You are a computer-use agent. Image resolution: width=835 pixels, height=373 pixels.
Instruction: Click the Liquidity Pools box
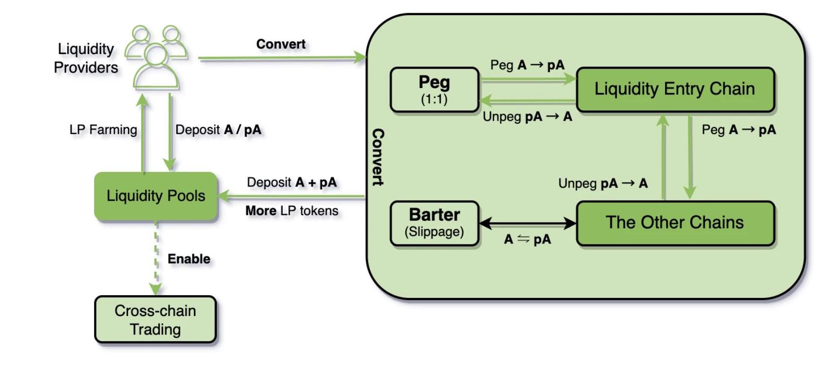[155, 196]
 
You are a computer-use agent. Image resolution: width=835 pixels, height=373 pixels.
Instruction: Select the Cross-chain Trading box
[155, 319]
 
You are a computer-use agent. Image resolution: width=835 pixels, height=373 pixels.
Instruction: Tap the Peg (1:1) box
[434, 90]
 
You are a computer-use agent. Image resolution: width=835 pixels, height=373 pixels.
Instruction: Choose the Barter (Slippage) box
[434, 223]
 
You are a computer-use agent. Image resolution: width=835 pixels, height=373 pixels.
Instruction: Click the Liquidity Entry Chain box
[675, 89]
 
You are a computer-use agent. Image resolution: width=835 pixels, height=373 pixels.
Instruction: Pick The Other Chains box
[675, 223]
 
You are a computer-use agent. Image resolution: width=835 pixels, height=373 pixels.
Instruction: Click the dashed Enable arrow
[156, 258]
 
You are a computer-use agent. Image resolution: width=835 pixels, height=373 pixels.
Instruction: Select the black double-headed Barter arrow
[528, 223]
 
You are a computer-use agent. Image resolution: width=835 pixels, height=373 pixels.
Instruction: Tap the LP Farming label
[103, 130]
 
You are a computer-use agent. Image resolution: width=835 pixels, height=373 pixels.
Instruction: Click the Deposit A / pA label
[218, 130]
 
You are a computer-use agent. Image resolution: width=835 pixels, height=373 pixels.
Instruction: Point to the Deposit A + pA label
[291, 182]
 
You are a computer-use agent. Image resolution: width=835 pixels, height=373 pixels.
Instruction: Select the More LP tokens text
[291, 210]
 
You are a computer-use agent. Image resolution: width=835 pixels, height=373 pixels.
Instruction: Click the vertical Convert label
[378, 157]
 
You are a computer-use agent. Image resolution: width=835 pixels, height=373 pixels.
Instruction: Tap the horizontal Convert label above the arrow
[281, 44]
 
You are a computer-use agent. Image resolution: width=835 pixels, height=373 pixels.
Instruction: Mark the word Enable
[189, 259]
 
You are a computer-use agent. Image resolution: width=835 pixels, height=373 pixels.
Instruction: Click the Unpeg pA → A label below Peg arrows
[527, 117]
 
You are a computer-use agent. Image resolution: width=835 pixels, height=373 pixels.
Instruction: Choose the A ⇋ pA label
[527, 239]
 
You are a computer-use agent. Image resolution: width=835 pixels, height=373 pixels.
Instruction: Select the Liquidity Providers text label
[86, 58]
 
